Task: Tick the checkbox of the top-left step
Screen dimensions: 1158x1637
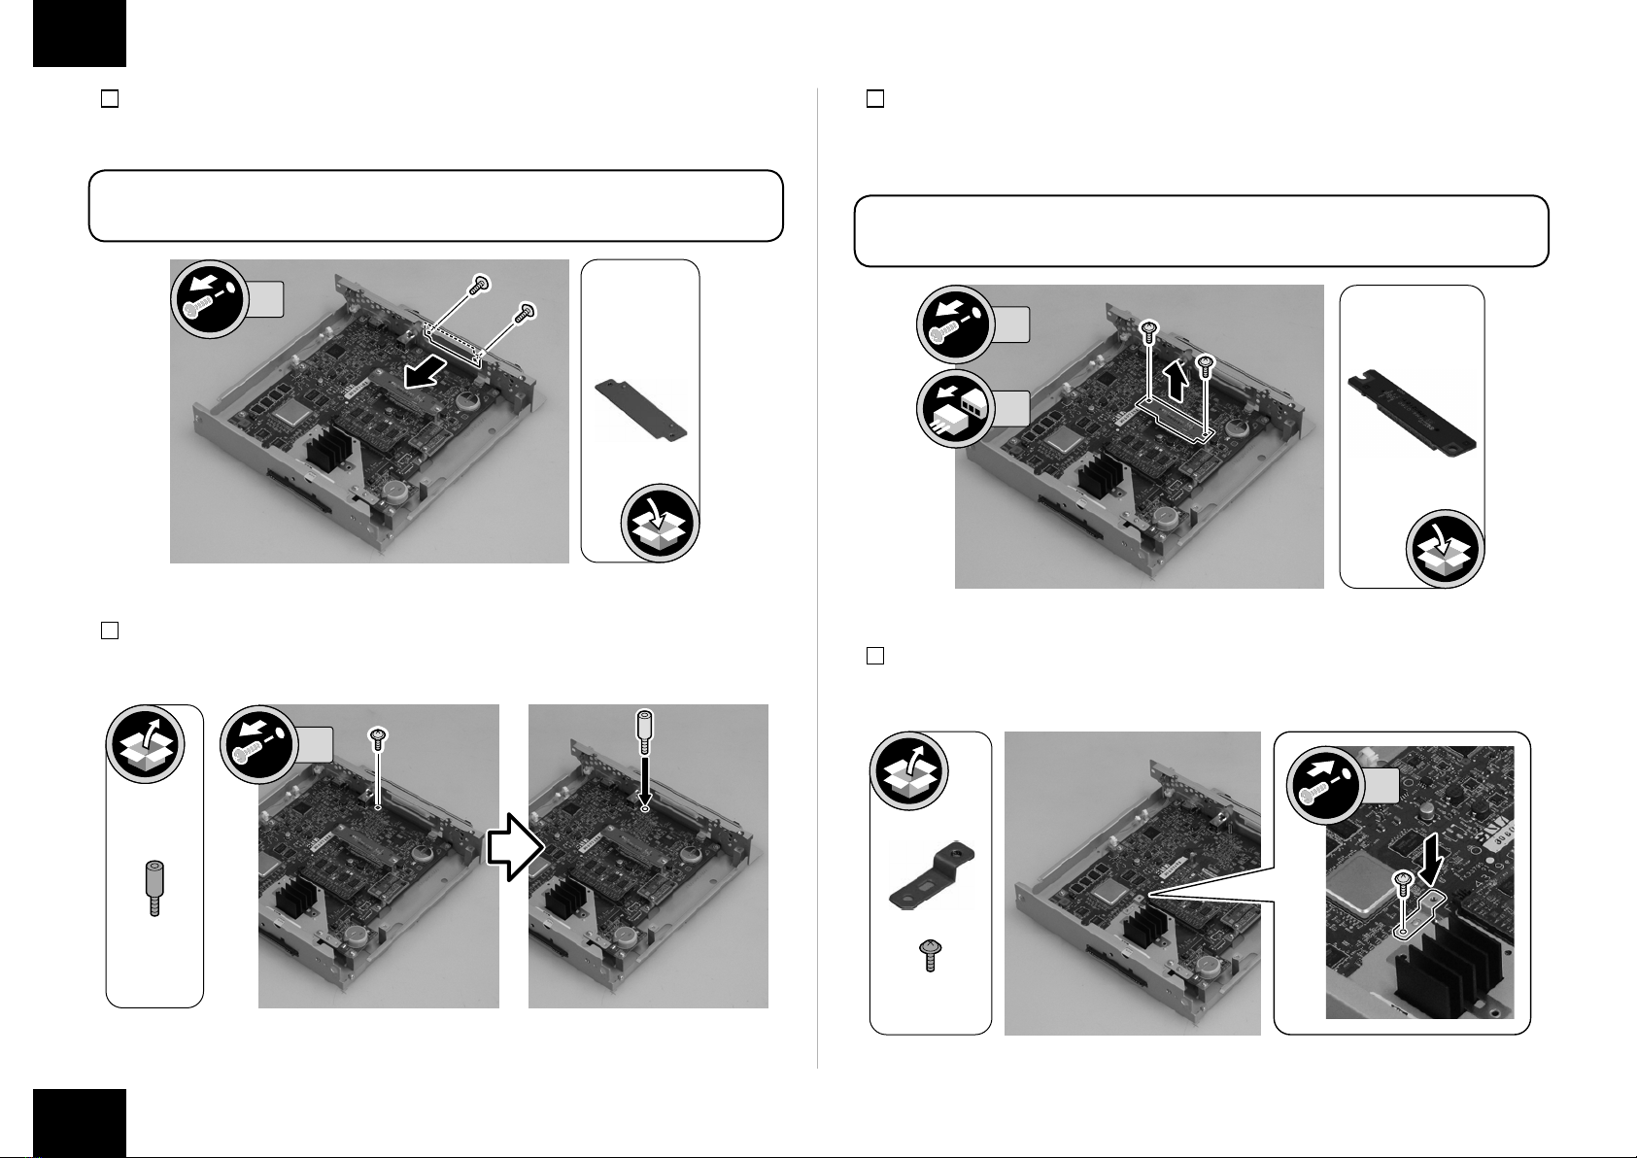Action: [x=110, y=99]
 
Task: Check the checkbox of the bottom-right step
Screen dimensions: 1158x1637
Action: [x=874, y=656]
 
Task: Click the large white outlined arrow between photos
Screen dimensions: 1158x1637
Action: [x=513, y=849]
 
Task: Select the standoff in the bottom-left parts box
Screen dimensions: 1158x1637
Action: [x=153, y=888]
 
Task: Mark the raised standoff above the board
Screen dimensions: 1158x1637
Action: [x=643, y=731]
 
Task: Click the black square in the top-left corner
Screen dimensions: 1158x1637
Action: [x=80, y=32]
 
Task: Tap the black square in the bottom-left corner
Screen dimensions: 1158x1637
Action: [x=80, y=1123]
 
